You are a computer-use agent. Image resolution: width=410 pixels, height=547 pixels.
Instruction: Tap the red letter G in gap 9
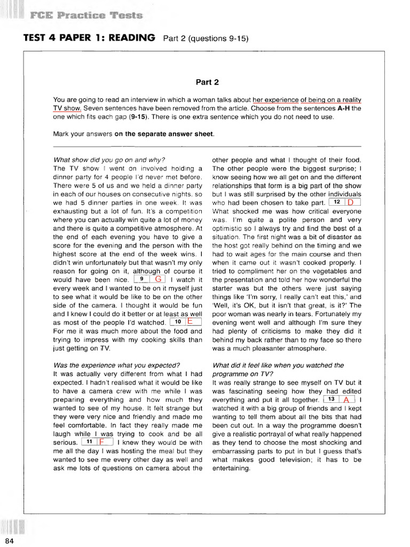click(158, 279)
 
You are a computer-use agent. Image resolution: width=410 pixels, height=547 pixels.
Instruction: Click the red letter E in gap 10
click(190, 322)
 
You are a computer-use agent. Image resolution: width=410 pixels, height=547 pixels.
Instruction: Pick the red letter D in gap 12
click(350, 202)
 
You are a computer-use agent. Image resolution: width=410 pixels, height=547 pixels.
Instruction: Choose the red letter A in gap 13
click(346, 400)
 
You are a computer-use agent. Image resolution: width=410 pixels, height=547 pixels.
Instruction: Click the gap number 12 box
click(336, 202)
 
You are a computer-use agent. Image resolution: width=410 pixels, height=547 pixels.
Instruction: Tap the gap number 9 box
click(141, 279)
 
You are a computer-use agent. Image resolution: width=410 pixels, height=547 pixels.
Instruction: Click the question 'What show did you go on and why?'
click(109, 160)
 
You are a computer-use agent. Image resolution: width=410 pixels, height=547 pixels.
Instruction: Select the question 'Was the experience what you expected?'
click(116, 365)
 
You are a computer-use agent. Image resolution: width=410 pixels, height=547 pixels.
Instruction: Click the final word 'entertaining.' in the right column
click(231, 468)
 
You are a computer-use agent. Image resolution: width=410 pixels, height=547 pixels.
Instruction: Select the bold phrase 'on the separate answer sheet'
click(164, 134)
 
